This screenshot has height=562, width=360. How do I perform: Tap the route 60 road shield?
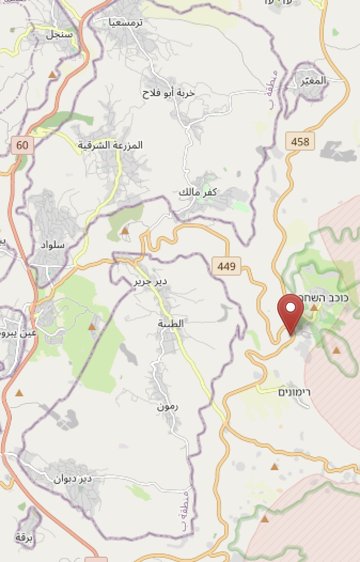click(22, 145)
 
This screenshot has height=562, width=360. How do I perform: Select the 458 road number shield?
click(300, 142)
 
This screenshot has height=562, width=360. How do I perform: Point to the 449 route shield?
click(226, 266)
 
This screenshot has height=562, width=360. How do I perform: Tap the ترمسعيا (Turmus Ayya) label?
click(126, 22)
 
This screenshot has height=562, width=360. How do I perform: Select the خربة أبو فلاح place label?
click(169, 93)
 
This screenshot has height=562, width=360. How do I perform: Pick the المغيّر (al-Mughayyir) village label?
click(314, 81)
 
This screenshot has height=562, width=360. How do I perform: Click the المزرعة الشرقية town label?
click(111, 145)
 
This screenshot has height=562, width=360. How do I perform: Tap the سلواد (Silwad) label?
click(52, 245)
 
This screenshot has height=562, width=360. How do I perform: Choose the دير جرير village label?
click(150, 281)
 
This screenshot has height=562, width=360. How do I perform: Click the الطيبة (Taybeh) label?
click(171, 323)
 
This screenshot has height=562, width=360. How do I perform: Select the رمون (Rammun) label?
click(168, 407)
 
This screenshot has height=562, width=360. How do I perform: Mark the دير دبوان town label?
click(73, 479)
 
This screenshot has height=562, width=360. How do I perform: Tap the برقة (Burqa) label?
click(25, 538)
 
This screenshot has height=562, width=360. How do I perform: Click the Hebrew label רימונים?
click(295, 392)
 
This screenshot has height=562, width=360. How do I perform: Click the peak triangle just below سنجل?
click(52, 74)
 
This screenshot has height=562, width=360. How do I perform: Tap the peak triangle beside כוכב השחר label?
click(314, 308)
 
